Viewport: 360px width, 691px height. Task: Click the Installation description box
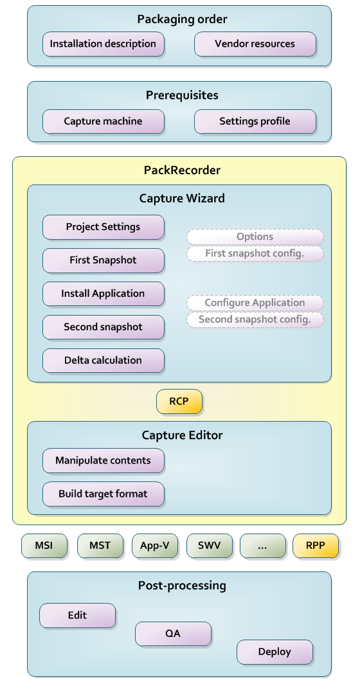(x=103, y=44)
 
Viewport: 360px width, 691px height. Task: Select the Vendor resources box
(x=255, y=44)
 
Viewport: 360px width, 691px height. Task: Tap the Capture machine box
(x=103, y=121)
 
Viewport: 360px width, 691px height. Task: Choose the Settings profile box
(x=255, y=121)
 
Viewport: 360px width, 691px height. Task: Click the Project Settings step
(x=103, y=227)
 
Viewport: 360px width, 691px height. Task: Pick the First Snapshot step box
(x=103, y=260)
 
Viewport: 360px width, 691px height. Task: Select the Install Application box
(x=103, y=294)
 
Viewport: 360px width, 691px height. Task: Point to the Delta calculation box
(x=103, y=360)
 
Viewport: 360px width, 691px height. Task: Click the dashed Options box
(x=255, y=237)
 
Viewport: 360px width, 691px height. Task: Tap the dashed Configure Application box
(x=255, y=303)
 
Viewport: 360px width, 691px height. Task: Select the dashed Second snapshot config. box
(x=255, y=319)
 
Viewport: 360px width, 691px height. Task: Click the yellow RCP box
(x=179, y=402)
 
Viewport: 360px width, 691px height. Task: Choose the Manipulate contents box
(x=103, y=461)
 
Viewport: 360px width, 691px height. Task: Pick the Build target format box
(x=103, y=494)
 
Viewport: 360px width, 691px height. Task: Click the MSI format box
(x=44, y=546)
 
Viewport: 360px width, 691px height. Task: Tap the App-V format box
(x=154, y=546)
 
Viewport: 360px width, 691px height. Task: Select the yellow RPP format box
(x=315, y=546)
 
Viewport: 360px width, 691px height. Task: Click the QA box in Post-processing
(x=173, y=634)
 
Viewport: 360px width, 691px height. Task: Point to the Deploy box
(x=274, y=652)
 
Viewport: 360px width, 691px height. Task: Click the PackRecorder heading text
(x=182, y=170)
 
